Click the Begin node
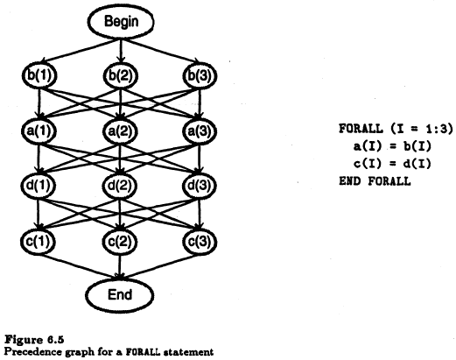pos(121,22)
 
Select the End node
pos(120,295)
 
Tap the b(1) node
pos(39,75)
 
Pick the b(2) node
pos(120,75)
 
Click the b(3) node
pos(200,75)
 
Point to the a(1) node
pos(39,131)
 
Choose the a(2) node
pos(120,131)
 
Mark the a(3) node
pos(200,131)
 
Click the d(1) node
pos(39,186)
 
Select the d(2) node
pos(120,186)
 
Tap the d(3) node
pos(200,186)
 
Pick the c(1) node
pos(38,241)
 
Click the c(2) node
pos(119,241)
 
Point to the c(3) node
pos(200,241)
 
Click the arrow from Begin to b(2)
pos(121,51)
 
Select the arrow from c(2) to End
pos(119,266)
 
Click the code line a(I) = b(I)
pos(392,146)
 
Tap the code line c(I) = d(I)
pos(392,164)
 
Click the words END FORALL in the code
pos(375,181)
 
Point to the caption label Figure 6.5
pos(34,340)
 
